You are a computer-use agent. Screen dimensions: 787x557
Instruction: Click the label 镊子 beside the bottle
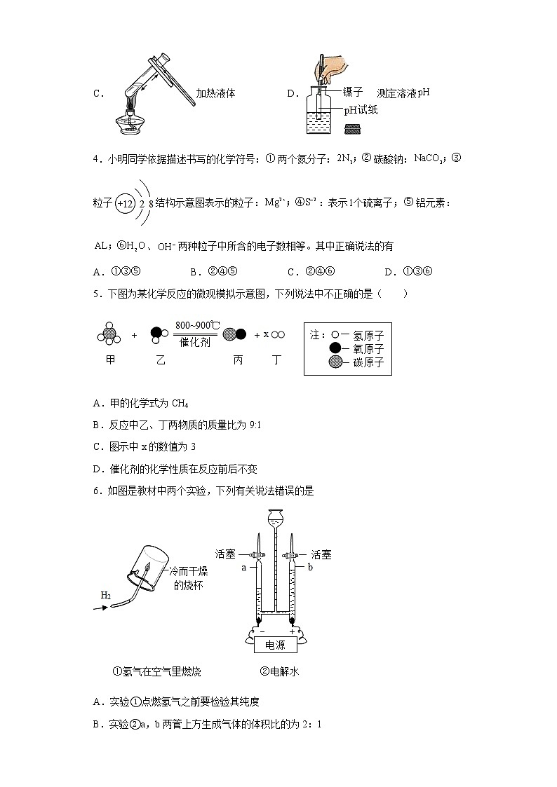point(353,93)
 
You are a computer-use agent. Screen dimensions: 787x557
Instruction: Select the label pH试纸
point(361,110)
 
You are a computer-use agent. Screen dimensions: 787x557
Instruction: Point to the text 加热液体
point(215,93)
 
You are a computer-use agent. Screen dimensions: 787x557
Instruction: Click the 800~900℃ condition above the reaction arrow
point(197,325)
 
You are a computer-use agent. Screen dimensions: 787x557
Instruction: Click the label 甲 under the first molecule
point(109,360)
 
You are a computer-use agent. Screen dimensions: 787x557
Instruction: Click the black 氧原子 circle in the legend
point(335,348)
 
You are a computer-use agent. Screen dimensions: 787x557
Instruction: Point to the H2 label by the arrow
point(106,596)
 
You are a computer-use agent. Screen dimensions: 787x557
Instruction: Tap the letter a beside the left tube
point(243,568)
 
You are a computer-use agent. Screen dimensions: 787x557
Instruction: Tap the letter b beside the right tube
point(309,568)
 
